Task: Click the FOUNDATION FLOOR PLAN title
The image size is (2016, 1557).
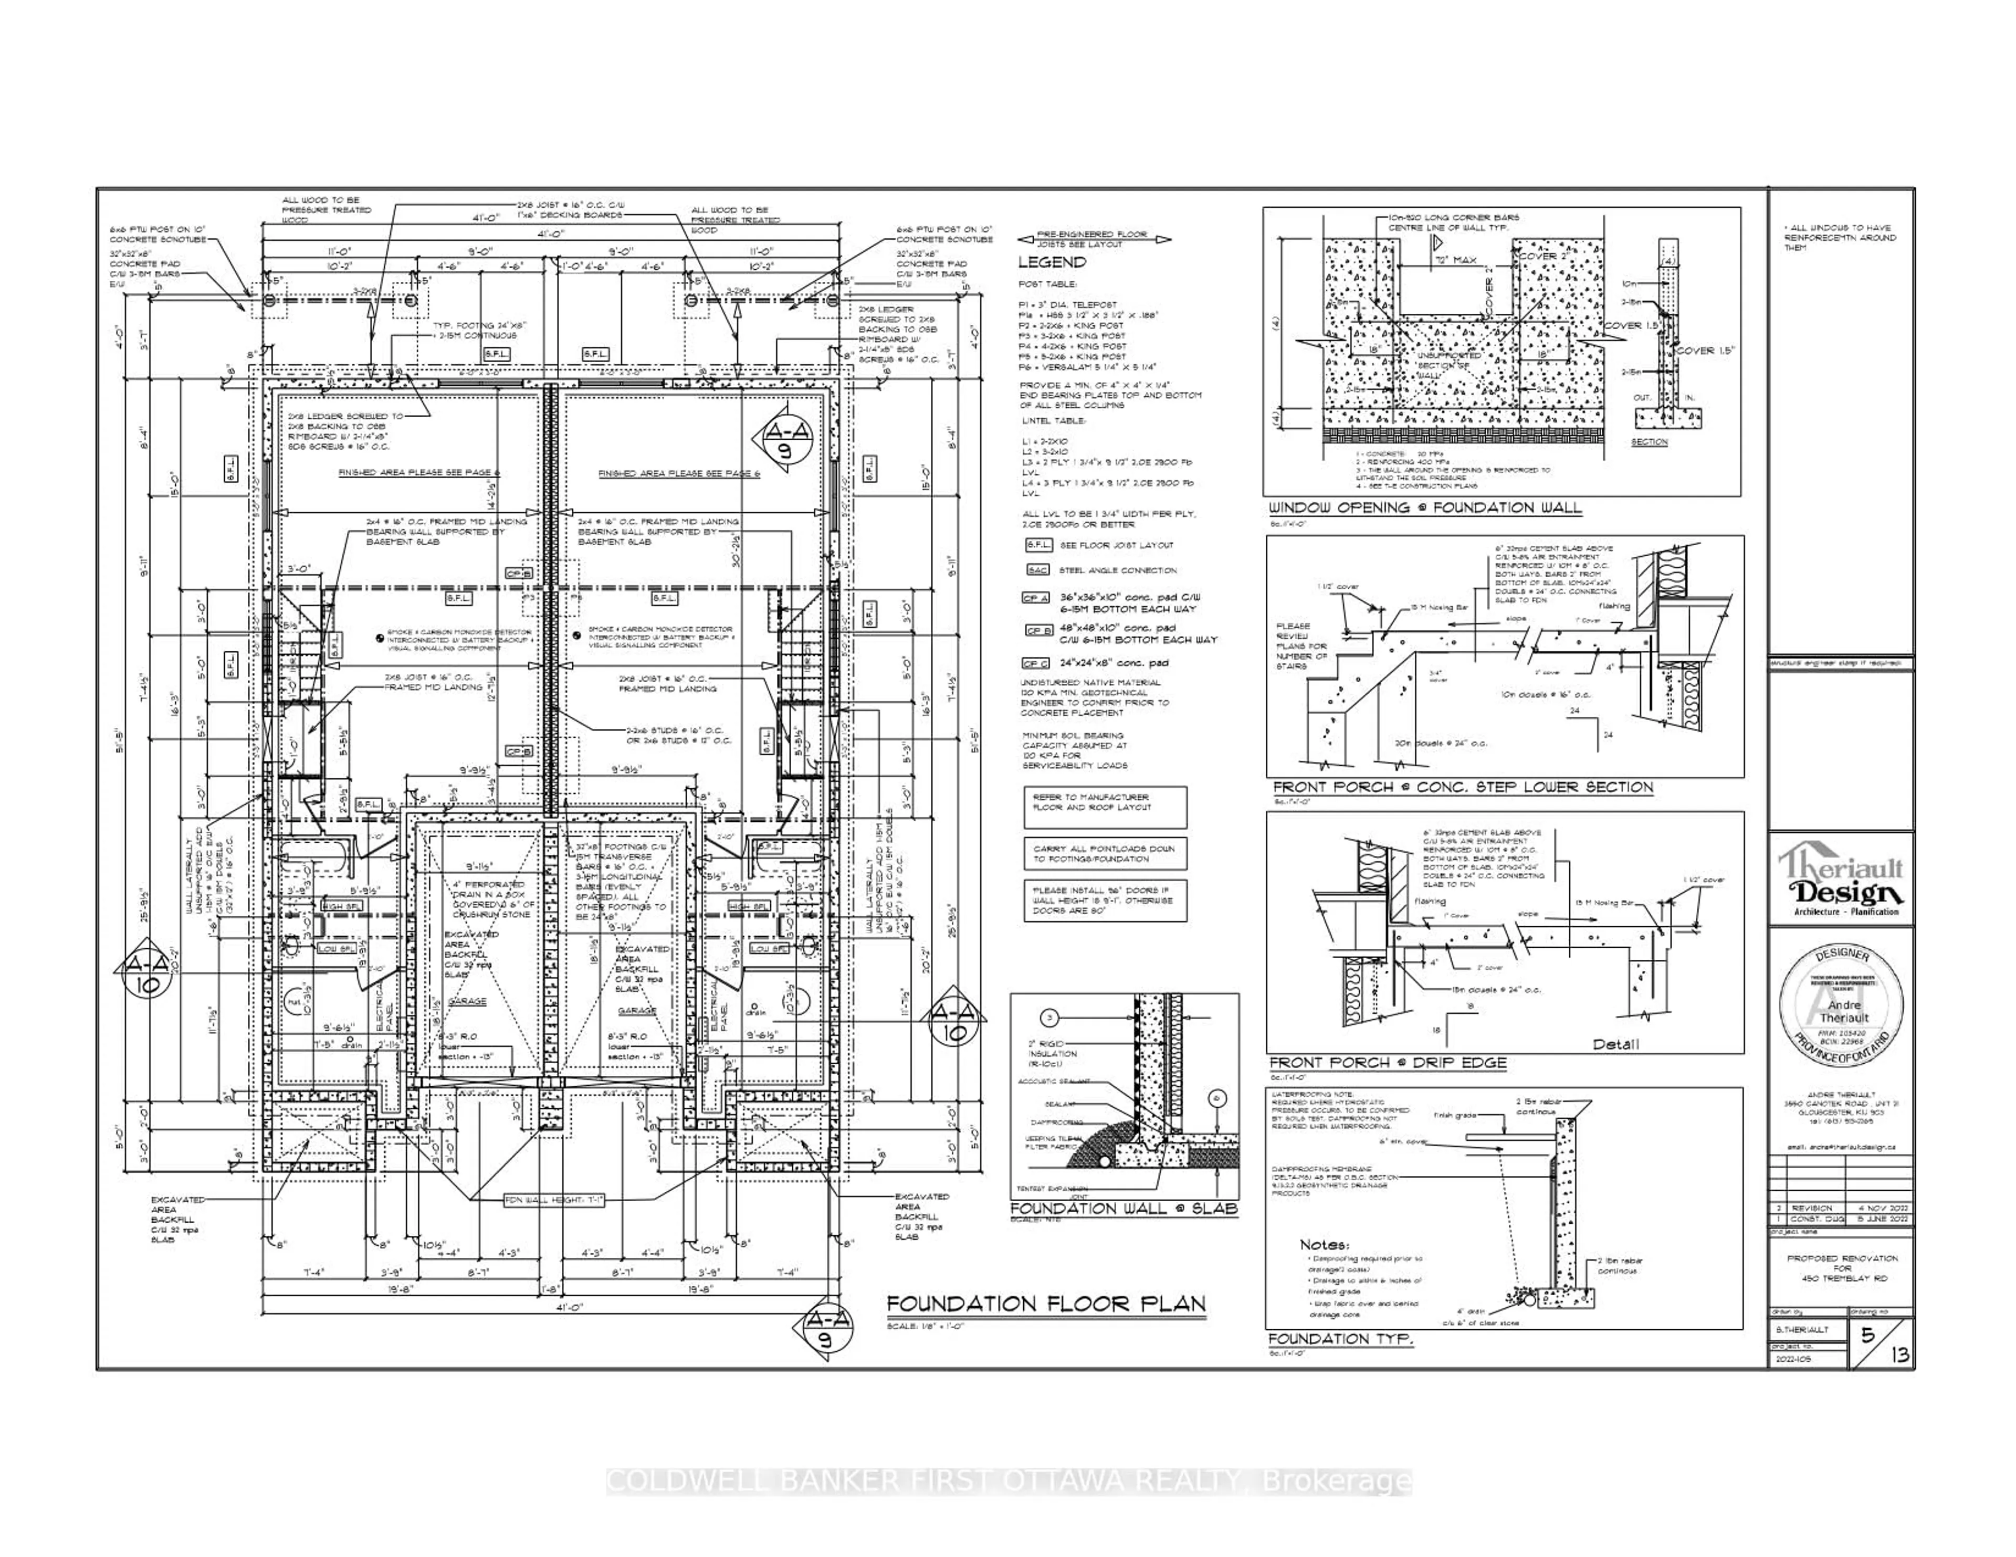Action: click(x=1046, y=1304)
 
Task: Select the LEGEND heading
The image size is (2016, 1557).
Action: click(x=1052, y=262)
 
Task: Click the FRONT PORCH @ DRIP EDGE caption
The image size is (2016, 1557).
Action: click(x=1388, y=1063)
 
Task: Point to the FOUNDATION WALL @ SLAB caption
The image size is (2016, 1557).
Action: click(x=1123, y=1208)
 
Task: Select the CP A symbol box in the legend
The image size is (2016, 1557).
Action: click(x=1036, y=598)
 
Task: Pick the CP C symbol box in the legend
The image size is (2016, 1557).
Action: click(x=1036, y=664)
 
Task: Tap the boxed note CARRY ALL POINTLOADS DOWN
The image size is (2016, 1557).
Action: click(x=1104, y=854)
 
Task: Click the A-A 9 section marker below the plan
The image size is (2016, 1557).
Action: click(x=824, y=1330)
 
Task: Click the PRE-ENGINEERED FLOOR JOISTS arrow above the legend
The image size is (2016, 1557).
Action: click(x=1094, y=239)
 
